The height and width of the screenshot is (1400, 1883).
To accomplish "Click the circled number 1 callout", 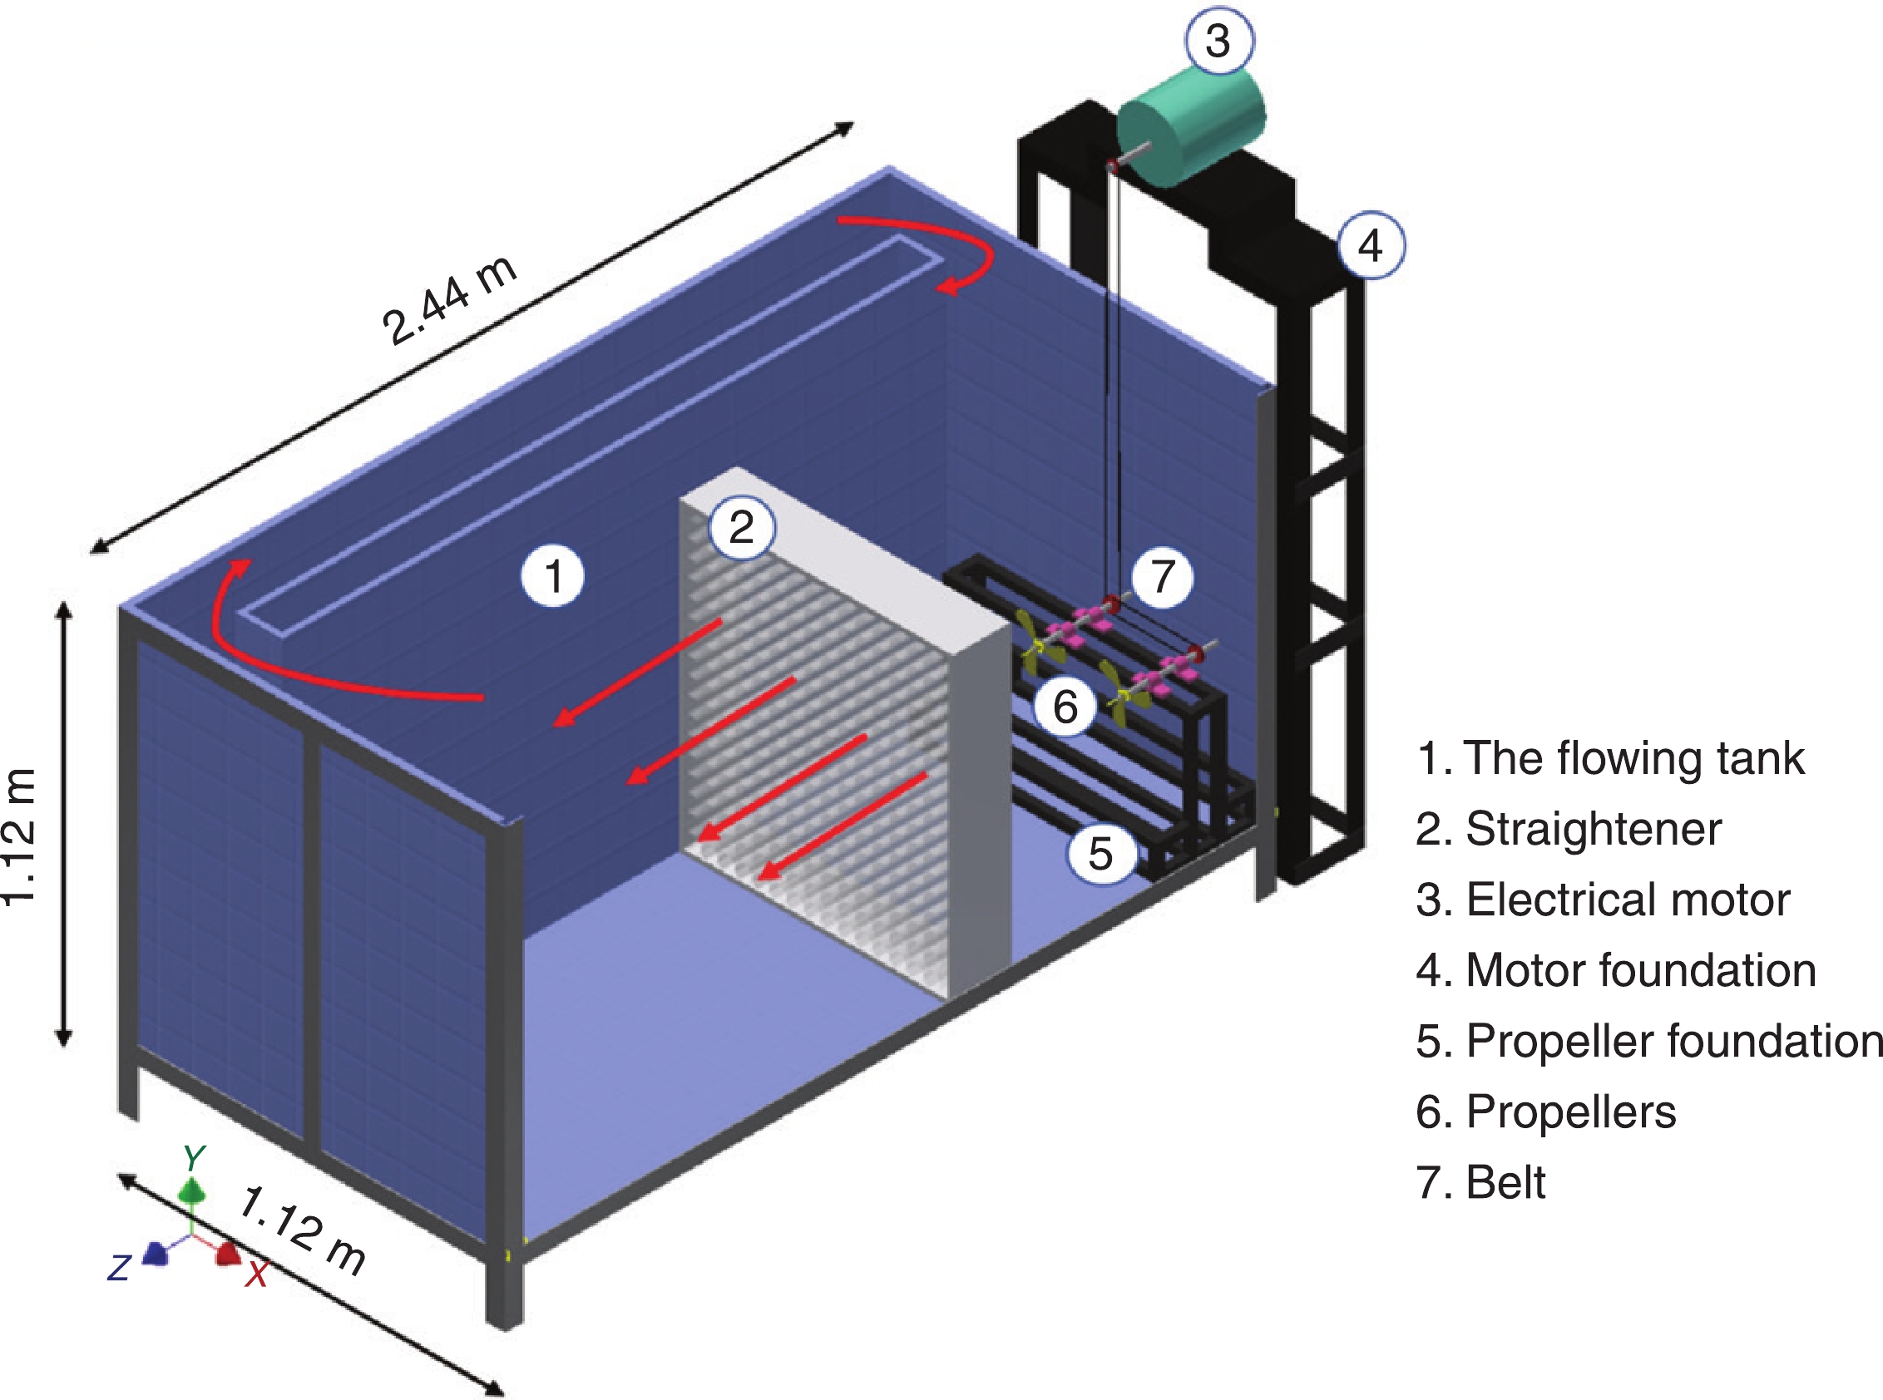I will click(x=553, y=576).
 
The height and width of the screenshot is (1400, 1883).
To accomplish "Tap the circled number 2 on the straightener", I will click(x=742, y=527).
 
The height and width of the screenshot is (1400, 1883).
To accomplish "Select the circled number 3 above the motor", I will click(x=1218, y=41).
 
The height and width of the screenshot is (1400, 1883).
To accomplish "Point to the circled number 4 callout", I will click(x=1371, y=246).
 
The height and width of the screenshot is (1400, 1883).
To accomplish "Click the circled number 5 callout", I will click(x=1100, y=854).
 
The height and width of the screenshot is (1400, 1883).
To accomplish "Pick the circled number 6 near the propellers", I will click(x=1065, y=706).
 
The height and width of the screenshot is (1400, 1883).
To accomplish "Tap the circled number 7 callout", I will click(x=1163, y=576).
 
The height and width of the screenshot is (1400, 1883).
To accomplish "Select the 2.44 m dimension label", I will click(x=449, y=300).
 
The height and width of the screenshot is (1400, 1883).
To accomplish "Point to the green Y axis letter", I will click(x=194, y=1157).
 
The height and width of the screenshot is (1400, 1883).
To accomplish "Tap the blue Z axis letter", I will click(x=119, y=1268).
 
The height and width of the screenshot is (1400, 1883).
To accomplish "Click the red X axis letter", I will click(x=257, y=1274).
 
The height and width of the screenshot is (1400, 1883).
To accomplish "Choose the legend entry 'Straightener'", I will click(x=1569, y=829).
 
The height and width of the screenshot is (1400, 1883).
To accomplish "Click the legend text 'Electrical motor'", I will click(x=1603, y=900).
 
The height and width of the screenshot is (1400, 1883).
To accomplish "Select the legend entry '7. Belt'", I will click(x=1480, y=1182).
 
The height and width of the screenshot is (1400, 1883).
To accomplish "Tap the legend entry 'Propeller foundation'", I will click(x=1649, y=1041).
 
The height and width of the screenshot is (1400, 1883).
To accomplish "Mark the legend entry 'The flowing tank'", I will click(x=1610, y=757).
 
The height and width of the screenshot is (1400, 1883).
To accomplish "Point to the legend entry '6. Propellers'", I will click(x=1545, y=1111).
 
